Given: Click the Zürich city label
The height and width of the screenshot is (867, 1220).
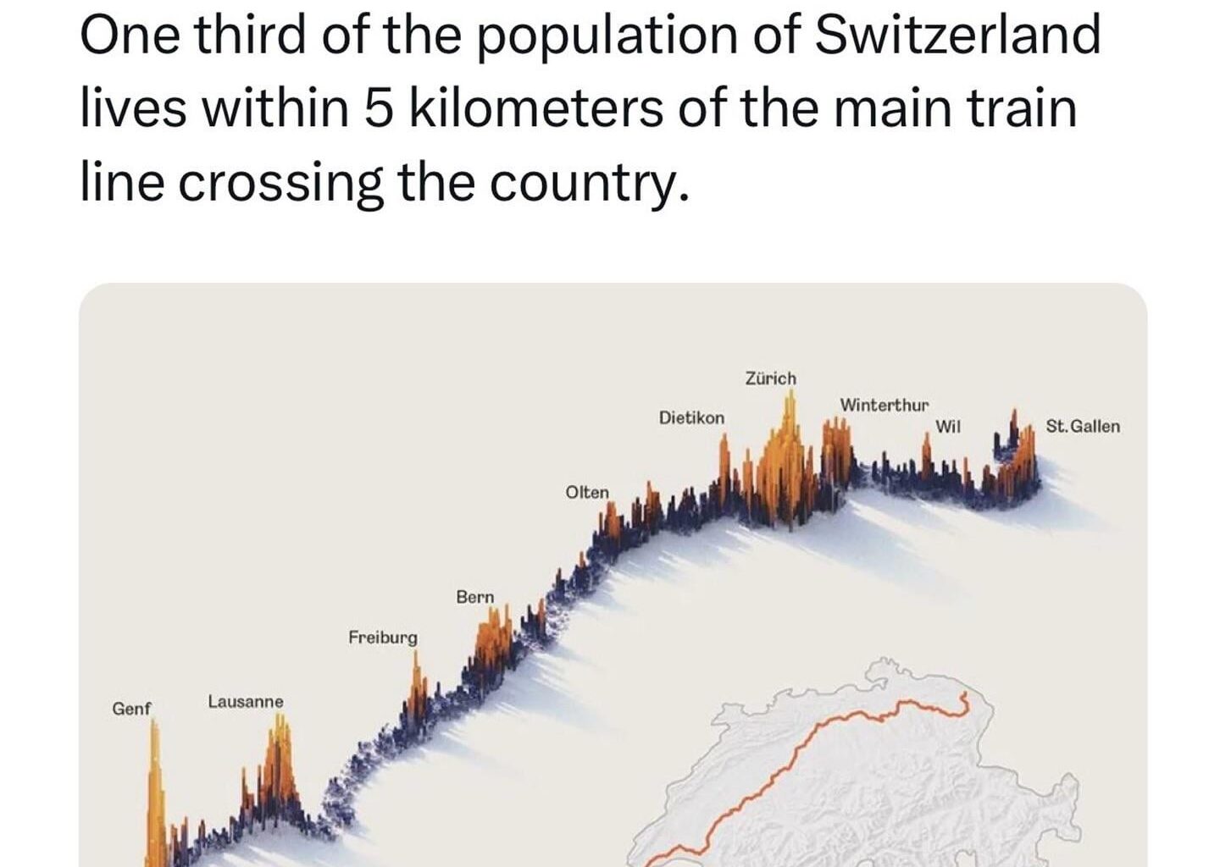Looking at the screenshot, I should pos(770,378).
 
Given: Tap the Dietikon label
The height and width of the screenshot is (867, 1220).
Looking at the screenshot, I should pos(691,418).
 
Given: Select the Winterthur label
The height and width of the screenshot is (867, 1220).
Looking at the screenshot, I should pos(884,406).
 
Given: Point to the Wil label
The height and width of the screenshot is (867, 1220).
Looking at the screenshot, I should pos(947,427).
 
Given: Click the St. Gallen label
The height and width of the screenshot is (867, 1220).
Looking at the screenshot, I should pos(1082,427).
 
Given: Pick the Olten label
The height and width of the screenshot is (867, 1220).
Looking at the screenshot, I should pos(586,493).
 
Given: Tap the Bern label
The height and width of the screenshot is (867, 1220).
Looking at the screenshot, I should pos(474,597).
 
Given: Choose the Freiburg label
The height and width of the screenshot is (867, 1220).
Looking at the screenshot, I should pos(382,638).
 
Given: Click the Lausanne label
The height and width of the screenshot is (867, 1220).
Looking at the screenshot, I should pos(246,702).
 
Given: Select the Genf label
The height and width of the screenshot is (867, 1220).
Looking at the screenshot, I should pos(131,709).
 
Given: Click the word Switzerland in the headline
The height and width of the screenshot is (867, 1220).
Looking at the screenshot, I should pos(957,36).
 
